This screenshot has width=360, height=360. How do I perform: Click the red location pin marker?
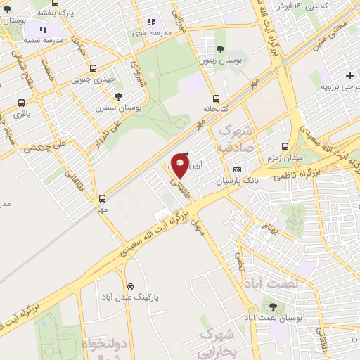pos(179,165)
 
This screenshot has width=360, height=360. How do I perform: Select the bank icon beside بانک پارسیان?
pos(237,169)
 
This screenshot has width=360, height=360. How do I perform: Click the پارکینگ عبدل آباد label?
pos(132,297)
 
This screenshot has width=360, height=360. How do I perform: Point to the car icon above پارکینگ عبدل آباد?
pos(131,286)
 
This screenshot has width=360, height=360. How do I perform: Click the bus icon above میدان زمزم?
pos(284,146)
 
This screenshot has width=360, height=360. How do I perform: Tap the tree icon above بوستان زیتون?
pos(221,49)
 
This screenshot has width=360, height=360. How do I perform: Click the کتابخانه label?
pos(216,110)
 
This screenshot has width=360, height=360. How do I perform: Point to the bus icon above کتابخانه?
pos(216,98)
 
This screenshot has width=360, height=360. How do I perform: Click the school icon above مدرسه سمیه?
pos(42,30)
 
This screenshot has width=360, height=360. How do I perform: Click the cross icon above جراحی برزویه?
pos(350,75)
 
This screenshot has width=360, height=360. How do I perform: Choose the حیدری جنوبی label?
pos(94,79)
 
